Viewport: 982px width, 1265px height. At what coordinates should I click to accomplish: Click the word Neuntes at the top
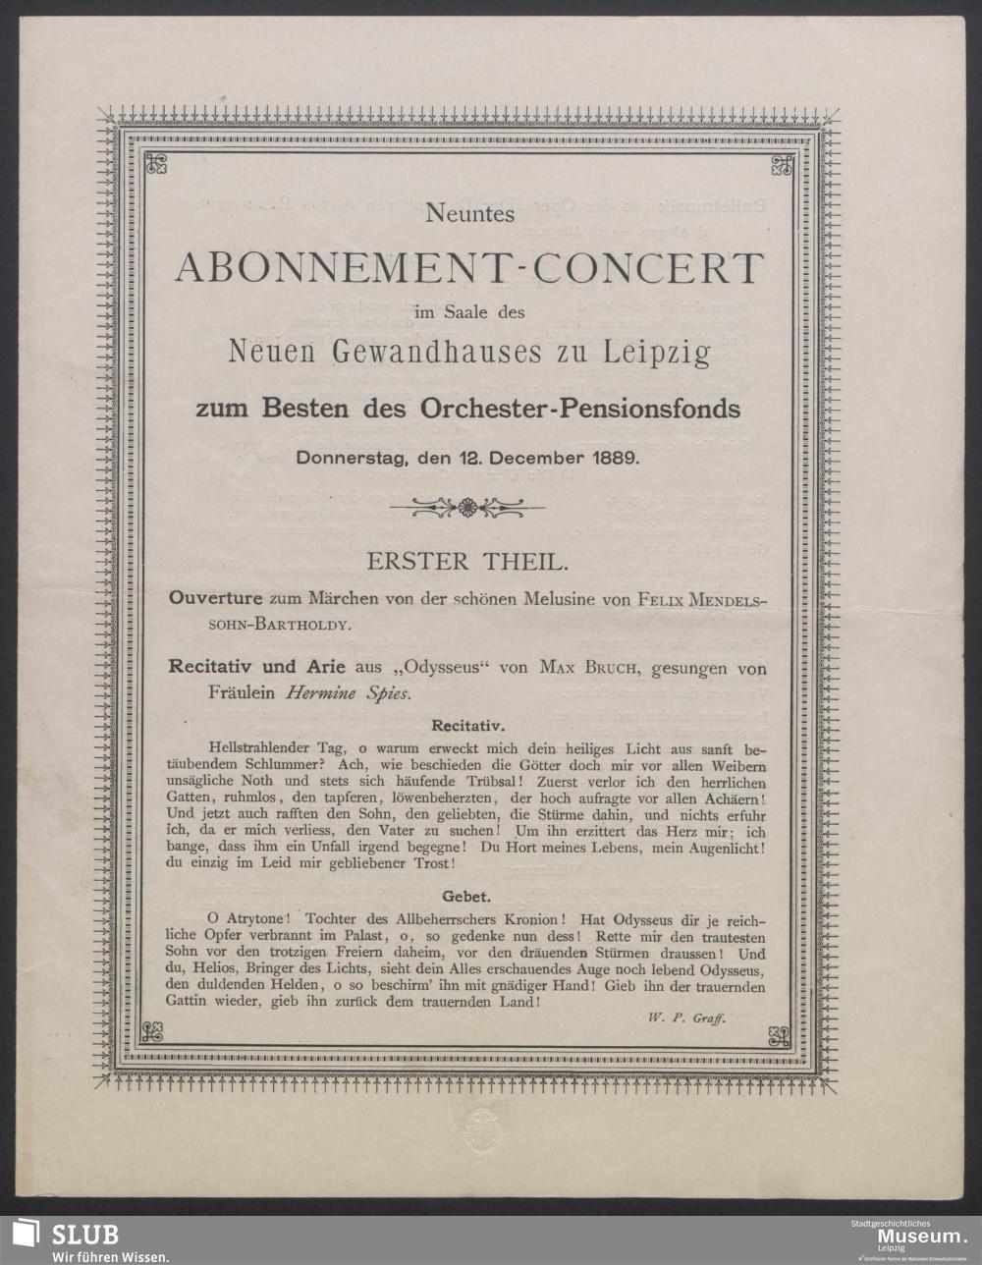click(x=469, y=216)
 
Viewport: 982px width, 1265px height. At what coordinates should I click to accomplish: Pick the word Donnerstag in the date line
click(x=348, y=457)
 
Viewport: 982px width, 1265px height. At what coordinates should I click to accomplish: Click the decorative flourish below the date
click(x=467, y=508)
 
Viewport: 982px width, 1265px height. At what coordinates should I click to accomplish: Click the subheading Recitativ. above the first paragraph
click(x=468, y=727)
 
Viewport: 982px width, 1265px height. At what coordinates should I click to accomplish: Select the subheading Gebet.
click(x=466, y=897)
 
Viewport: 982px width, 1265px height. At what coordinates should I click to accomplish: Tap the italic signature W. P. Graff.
click(x=685, y=1018)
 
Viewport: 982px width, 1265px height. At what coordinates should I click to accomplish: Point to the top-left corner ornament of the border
click(x=156, y=164)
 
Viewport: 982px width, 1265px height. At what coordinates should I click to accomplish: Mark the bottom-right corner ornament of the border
click(x=779, y=1034)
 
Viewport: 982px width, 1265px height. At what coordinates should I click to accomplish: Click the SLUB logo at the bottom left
click(x=64, y=1240)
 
